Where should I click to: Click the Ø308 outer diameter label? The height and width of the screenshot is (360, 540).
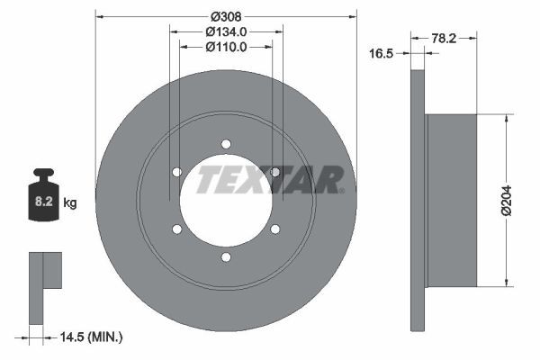coord(226,16)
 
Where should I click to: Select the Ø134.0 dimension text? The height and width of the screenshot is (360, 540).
coord(226,31)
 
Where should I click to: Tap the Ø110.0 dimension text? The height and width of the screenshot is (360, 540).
coord(226,47)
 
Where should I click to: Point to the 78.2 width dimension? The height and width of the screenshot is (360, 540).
coord(444,38)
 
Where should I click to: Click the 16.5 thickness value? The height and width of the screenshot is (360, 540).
coord(381,53)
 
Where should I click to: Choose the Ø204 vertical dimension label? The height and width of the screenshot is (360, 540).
coord(506,201)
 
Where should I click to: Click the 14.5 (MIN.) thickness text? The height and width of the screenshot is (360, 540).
coord(91,337)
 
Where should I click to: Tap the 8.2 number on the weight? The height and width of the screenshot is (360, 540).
coord(44,202)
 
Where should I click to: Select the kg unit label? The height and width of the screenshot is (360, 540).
coord(70,202)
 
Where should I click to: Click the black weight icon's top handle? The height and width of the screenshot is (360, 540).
coord(43,172)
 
